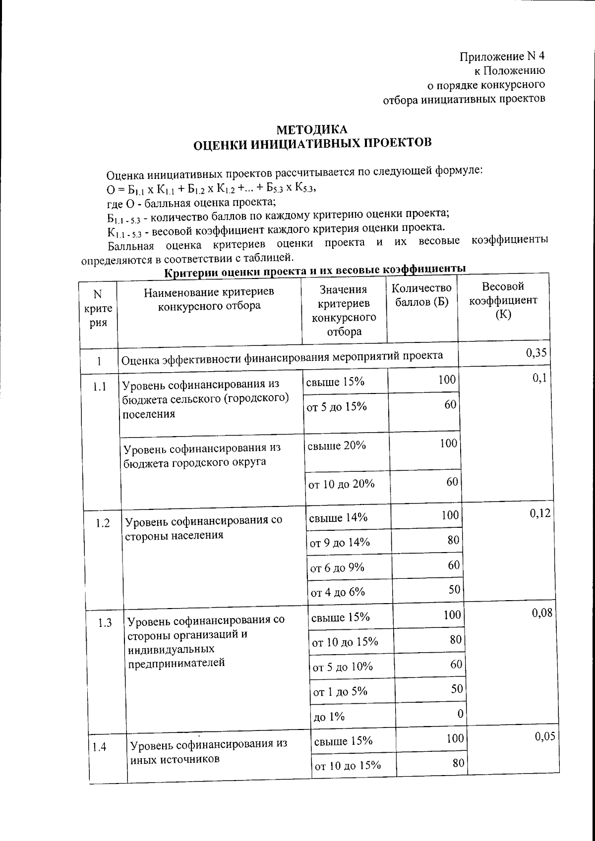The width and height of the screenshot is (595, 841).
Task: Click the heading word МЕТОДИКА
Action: pyautogui.click(x=312, y=130)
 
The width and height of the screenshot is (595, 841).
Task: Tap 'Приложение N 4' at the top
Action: pyautogui.click(x=502, y=56)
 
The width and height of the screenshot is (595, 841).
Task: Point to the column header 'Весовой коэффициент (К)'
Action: pyautogui.click(x=503, y=300)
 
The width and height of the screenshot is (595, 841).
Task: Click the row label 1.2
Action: pyautogui.click(x=103, y=523)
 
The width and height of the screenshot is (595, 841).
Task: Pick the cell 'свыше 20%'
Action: pyautogui.click(x=337, y=446)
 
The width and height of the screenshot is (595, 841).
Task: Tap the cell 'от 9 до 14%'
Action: pyautogui.click(x=340, y=542)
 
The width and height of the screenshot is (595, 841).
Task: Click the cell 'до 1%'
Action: pyautogui.click(x=328, y=717)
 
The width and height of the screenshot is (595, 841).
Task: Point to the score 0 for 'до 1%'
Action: pyautogui.click(x=460, y=714)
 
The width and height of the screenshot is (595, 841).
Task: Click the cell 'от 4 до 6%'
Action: pyautogui.click(x=337, y=592)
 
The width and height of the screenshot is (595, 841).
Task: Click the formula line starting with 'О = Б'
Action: pyautogui.click(x=211, y=189)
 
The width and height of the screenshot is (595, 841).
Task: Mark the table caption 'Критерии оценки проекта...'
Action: pyautogui.click(x=315, y=270)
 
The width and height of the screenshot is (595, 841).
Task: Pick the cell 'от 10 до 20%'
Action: pyautogui.click(x=341, y=484)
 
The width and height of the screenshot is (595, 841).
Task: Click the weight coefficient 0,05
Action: pyautogui.click(x=545, y=736)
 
